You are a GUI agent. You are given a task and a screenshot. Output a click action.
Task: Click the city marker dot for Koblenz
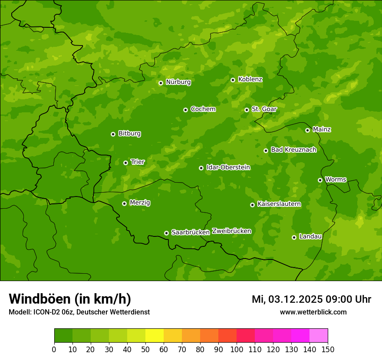233,80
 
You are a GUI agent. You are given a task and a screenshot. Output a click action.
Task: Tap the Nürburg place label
178,82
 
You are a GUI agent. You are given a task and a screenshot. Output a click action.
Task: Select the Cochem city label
203,109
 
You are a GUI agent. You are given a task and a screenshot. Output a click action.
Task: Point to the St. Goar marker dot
247,110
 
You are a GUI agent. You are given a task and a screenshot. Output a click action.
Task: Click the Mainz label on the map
322,129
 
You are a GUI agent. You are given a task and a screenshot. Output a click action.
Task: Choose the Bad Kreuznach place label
293,150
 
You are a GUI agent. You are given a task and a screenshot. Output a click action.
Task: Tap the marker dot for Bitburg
113,134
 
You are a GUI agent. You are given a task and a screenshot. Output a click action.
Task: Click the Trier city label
138,162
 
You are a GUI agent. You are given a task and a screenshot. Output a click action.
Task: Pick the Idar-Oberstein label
228,167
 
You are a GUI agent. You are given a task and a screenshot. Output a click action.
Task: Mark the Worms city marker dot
320,180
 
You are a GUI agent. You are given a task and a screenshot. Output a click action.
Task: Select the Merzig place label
140,203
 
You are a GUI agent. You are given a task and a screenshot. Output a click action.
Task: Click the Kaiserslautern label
279,204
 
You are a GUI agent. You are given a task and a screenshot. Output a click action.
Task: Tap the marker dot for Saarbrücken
166,233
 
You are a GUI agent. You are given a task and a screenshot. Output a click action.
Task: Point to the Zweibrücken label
231,231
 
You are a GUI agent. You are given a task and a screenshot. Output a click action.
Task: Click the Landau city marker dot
294,237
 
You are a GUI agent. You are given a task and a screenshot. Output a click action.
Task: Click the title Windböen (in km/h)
70,299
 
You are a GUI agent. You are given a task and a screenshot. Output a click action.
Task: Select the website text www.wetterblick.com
313,312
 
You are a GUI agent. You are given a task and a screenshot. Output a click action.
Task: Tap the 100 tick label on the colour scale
237,349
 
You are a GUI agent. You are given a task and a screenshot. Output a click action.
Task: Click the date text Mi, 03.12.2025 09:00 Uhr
311,299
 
